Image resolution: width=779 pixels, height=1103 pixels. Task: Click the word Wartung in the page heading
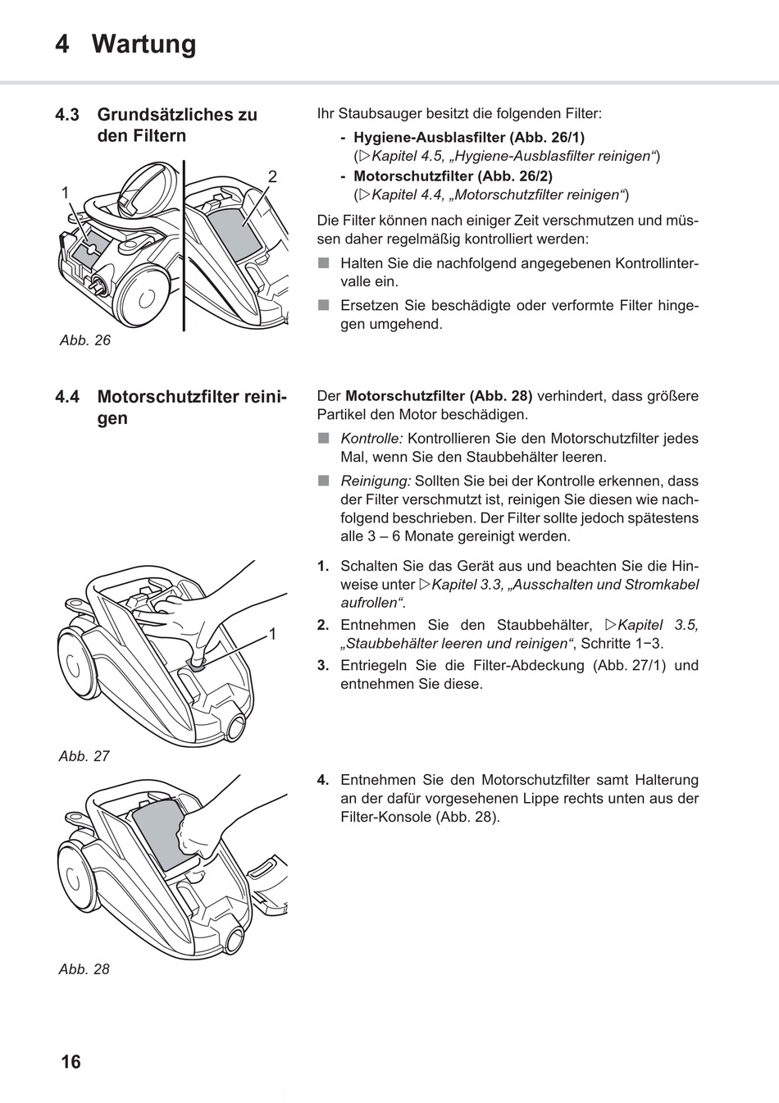[144, 43]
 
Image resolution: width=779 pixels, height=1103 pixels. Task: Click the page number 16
[71, 1061]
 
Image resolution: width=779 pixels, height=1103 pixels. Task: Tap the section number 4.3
[67, 115]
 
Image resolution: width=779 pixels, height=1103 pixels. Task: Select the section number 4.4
[67, 397]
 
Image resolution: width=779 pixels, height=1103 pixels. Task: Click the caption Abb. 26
[84, 340]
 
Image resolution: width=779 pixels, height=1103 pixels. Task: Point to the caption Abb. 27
[84, 756]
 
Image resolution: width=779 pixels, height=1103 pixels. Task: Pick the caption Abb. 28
[84, 969]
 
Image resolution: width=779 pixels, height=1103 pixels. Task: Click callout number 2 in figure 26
[272, 176]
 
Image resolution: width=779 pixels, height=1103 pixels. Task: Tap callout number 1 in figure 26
[65, 192]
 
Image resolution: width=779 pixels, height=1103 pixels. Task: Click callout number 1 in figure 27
[272, 634]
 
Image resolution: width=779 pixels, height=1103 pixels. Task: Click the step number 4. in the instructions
[323, 779]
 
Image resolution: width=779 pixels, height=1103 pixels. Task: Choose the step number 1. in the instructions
[323, 566]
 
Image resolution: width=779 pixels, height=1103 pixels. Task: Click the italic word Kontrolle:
[371, 439]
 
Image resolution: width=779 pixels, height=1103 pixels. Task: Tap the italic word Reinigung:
[376, 481]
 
